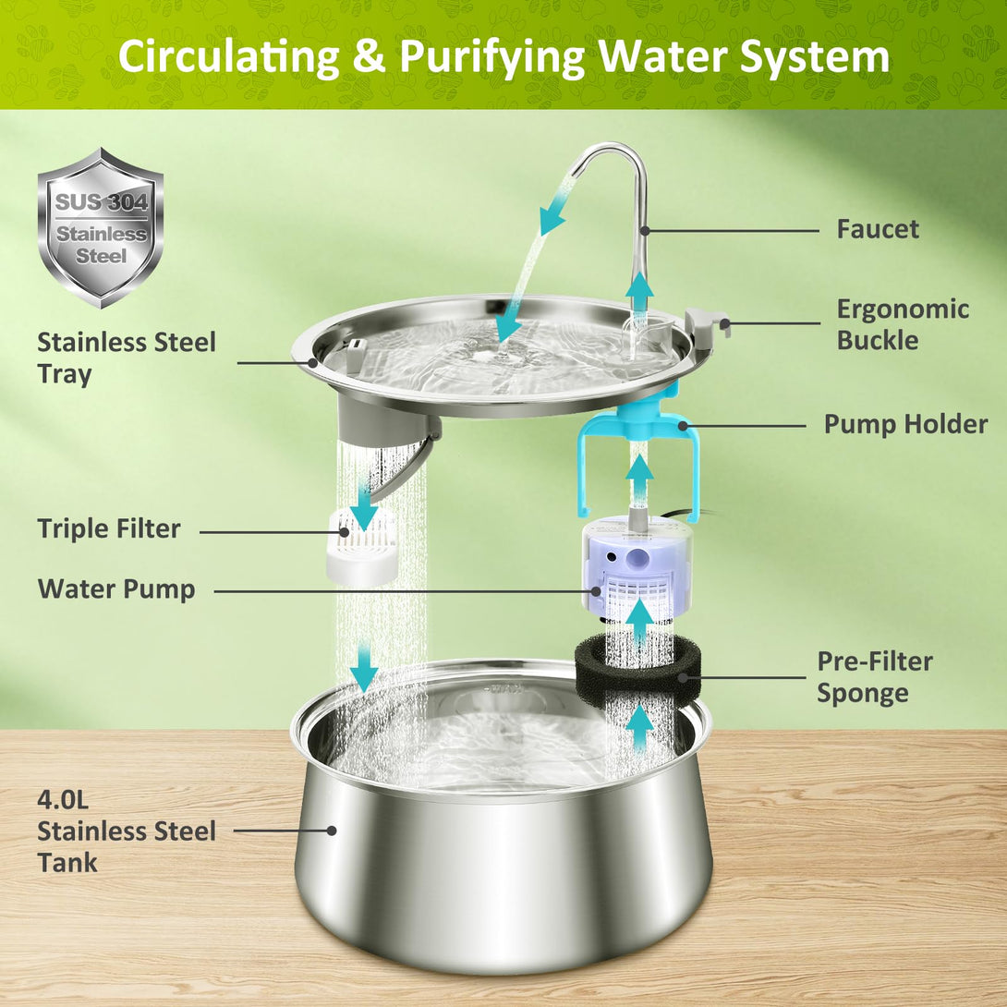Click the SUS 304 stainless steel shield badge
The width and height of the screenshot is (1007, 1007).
(100, 227)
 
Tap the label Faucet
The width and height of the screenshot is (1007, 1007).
(878, 229)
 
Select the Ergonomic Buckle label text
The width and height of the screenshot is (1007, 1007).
(903, 324)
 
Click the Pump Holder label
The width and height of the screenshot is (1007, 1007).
(905, 424)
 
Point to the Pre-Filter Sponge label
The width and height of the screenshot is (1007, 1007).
(875, 677)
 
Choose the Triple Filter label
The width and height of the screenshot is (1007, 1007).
(108, 528)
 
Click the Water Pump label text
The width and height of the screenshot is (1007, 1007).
(116, 588)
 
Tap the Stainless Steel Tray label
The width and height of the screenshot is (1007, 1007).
(127, 358)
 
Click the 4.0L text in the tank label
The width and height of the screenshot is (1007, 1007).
(63, 799)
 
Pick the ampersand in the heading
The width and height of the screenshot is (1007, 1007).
(369, 56)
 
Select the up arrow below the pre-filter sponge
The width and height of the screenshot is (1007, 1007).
(639, 726)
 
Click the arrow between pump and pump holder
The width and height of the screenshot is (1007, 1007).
(639, 477)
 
